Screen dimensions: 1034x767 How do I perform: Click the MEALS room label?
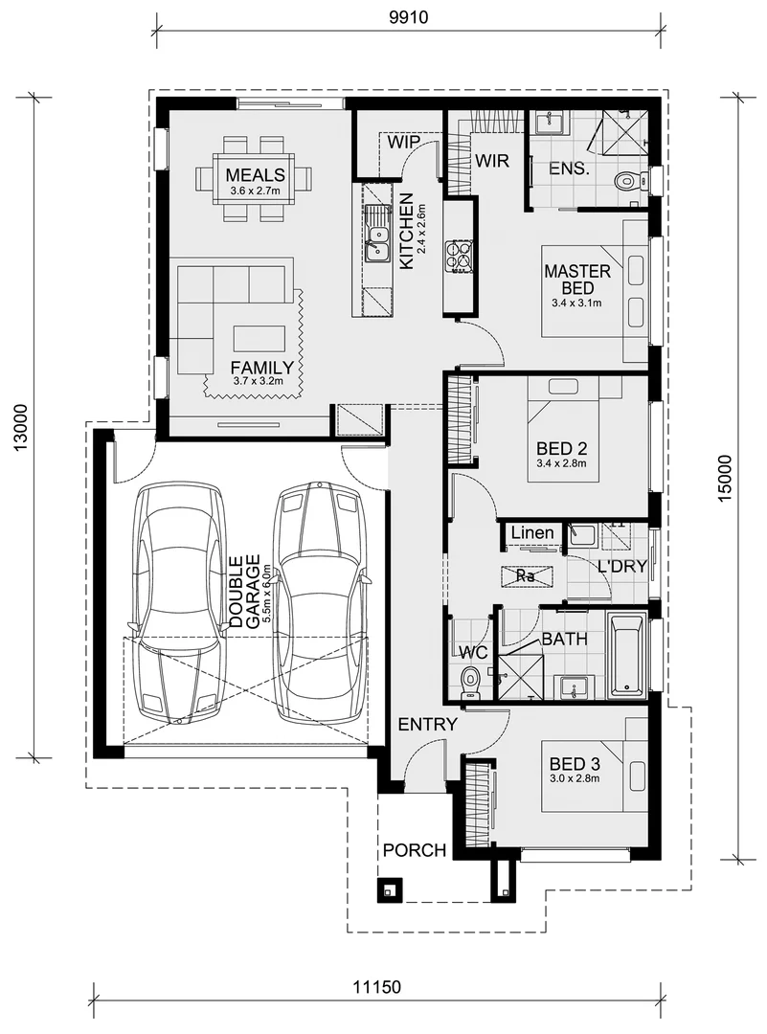255,175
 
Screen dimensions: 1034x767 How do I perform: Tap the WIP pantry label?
404,143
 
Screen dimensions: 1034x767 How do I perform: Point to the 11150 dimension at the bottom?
377,987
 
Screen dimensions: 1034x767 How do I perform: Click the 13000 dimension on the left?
21,427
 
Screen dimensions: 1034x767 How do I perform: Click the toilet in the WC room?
469,681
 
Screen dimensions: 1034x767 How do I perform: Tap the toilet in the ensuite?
627,180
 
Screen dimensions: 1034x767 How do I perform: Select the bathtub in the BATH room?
628,657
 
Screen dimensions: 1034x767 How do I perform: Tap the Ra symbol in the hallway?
526,576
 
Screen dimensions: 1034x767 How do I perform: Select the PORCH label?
415,850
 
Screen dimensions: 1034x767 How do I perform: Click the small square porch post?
389,890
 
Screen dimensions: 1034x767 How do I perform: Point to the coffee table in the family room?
259,338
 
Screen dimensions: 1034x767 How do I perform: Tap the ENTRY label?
428,725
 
